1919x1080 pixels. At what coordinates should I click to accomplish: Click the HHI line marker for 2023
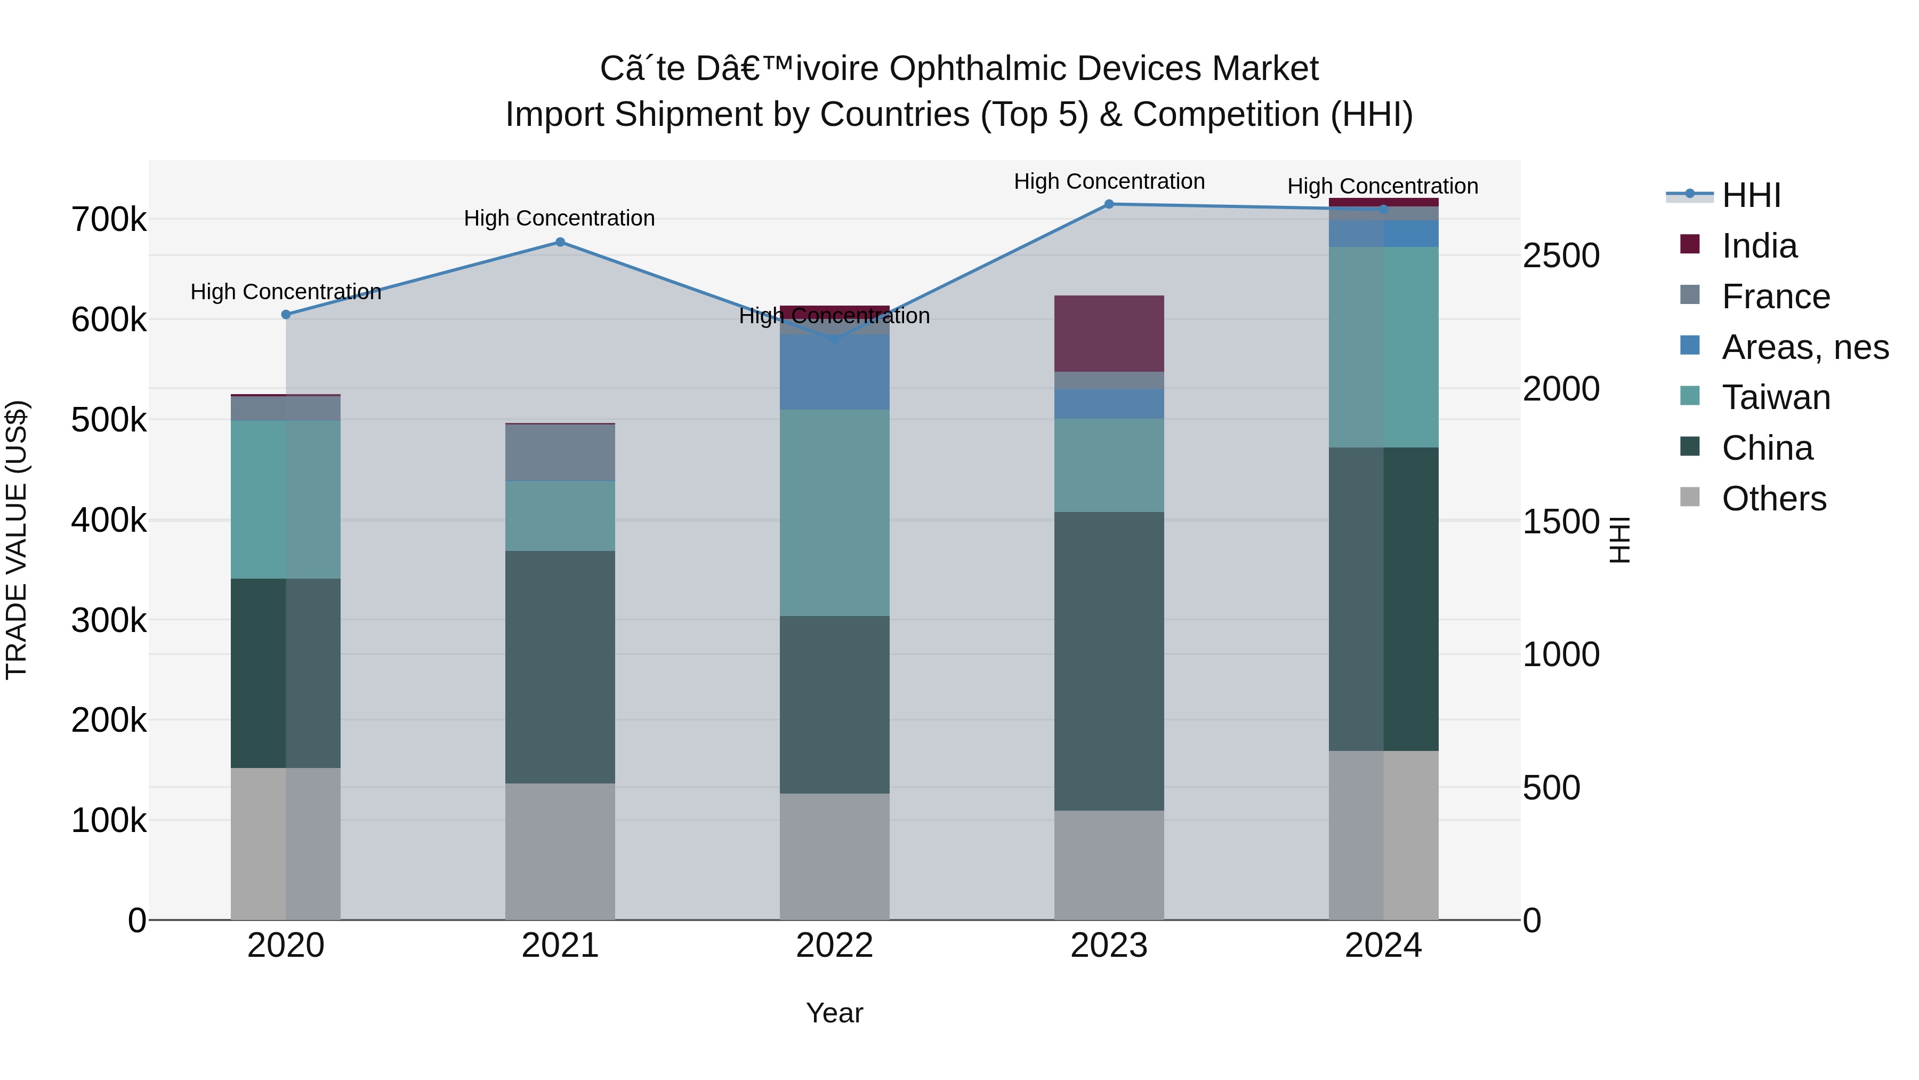click(x=1109, y=204)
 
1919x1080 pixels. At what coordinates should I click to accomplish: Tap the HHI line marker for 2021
click(x=560, y=242)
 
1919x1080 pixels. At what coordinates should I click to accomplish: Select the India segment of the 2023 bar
click(x=1109, y=333)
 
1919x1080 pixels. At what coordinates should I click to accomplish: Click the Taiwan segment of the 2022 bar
click(x=834, y=512)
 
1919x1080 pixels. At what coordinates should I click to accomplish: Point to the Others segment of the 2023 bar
click(x=1109, y=865)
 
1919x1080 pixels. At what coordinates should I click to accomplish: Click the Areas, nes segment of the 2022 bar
click(x=834, y=372)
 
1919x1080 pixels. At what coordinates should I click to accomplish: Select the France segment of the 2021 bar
click(x=560, y=452)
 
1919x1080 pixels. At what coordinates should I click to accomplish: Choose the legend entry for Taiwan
click(x=1775, y=397)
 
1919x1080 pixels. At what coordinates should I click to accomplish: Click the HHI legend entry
click(x=1751, y=195)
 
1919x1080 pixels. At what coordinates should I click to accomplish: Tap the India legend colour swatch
click(x=1690, y=244)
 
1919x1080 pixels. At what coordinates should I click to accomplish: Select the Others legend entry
click(x=1773, y=499)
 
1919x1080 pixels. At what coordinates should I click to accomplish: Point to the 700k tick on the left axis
click(x=109, y=220)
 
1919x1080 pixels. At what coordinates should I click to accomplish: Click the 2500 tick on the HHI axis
click(x=1561, y=255)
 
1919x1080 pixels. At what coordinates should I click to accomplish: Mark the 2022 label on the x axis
click(x=834, y=946)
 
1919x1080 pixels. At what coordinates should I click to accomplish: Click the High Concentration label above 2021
click(x=560, y=218)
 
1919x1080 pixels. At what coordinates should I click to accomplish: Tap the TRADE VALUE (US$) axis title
click(x=17, y=540)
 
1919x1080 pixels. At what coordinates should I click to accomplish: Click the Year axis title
click(x=834, y=1013)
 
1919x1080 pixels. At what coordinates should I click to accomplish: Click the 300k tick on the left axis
click(x=109, y=620)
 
